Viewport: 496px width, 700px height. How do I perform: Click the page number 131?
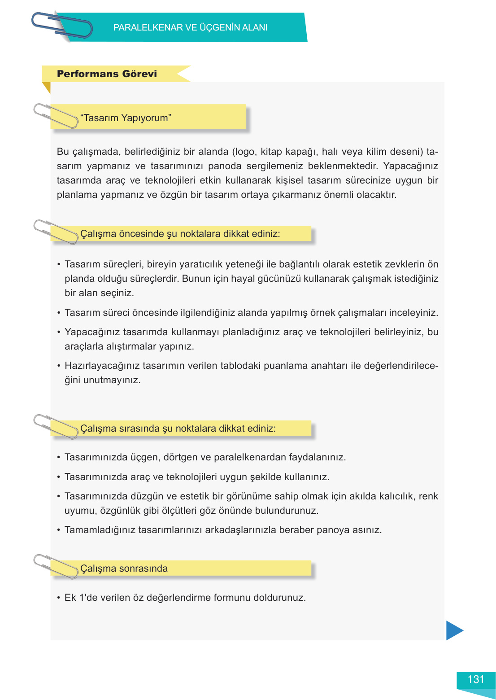[476, 679]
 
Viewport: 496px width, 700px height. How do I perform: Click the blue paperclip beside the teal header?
[62, 25]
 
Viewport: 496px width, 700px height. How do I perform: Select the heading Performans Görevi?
[107, 74]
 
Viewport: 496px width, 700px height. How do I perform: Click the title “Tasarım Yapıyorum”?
[126, 118]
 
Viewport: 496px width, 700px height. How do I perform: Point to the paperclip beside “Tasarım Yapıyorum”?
[56, 116]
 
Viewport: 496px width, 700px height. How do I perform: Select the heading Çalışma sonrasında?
[124, 569]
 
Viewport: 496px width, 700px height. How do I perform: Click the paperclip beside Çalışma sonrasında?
[56, 566]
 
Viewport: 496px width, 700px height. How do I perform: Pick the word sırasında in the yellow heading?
[139, 429]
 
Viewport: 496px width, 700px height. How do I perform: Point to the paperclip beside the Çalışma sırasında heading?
[56, 426]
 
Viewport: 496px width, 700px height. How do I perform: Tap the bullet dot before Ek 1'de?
[59, 598]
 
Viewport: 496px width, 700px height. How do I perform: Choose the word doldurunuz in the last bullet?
[279, 598]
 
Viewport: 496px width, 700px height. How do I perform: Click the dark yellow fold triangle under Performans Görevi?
[47, 87]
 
